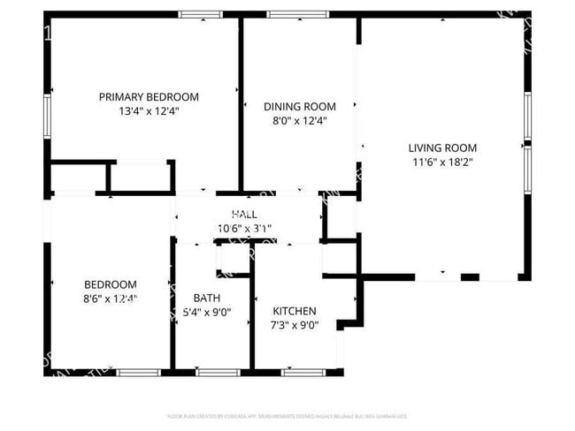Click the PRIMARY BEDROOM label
point(149,97)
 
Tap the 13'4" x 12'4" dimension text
point(149,112)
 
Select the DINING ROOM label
point(300,106)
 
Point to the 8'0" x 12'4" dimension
point(300,121)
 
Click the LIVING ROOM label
point(442,147)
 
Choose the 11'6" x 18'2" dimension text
point(442,163)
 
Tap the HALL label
point(244,215)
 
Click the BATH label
point(206,298)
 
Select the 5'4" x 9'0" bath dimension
point(206,313)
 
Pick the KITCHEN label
point(294,311)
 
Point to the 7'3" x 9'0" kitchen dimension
point(294,326)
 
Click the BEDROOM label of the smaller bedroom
point(111,284)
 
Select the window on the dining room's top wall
point(298,14)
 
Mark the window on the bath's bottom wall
point(211,372)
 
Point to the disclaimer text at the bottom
point(287,415)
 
